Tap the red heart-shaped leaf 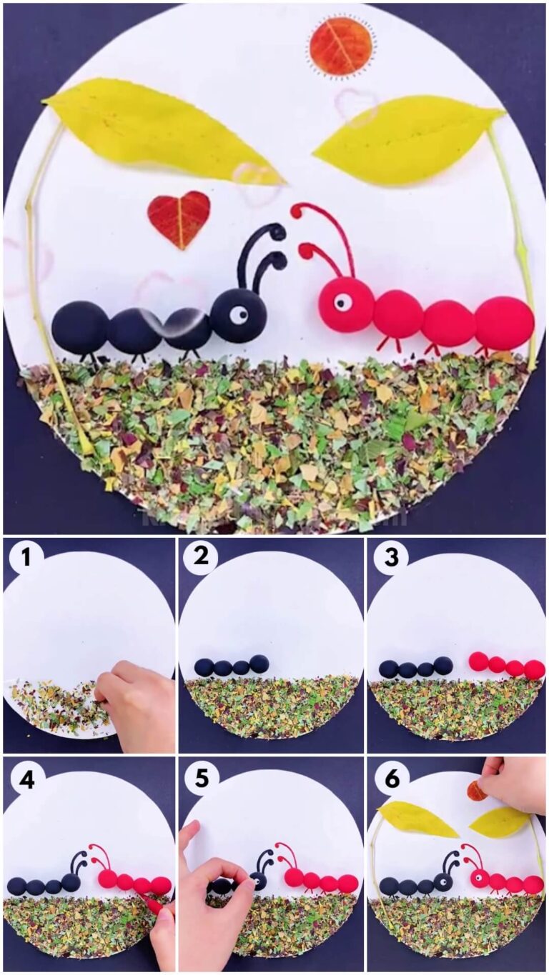click(179, 218)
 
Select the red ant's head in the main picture click(346, 305)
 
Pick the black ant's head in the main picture click(238, 315)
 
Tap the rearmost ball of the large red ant click(504, 322)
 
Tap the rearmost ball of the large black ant click(80, 326)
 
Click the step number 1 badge click(26, 557)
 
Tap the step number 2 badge click(201, 557)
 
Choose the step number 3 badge click(390, 557)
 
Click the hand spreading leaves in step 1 click(136, 704)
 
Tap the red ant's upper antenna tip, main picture click(296, 210)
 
